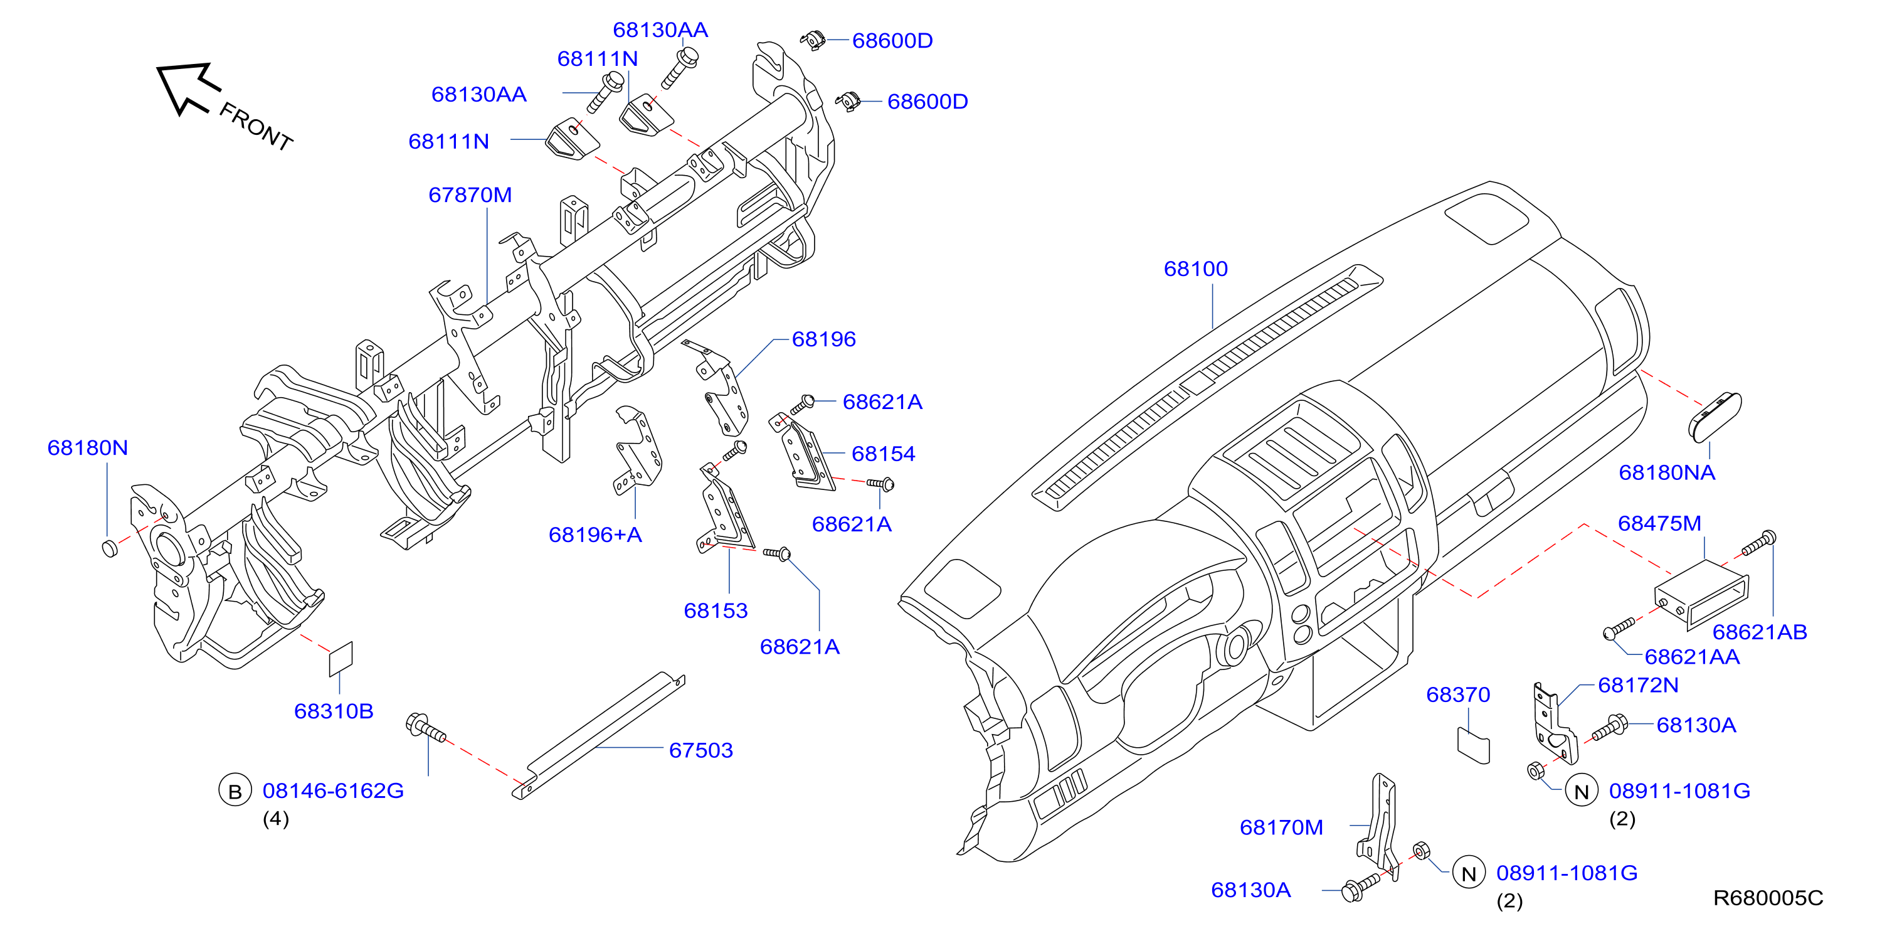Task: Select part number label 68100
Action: point(1195,269)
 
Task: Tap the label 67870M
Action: point(470,195)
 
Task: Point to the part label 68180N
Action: point(88,448)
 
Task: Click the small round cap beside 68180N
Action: point(110,547)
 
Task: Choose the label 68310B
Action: point(334,711)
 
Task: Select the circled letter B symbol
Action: point(235,791)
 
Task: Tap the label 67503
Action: point(700,750)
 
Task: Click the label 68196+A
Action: point(595,535)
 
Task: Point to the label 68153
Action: point(715,610)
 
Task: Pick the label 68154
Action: point(883,454)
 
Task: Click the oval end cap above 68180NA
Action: point(1715,418)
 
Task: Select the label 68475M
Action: point(1659,524)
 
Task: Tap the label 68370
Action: point(1458,694)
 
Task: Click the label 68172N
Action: point(1638,686)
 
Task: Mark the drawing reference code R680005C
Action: point(1768,898)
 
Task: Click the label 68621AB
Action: point(1759,632)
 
